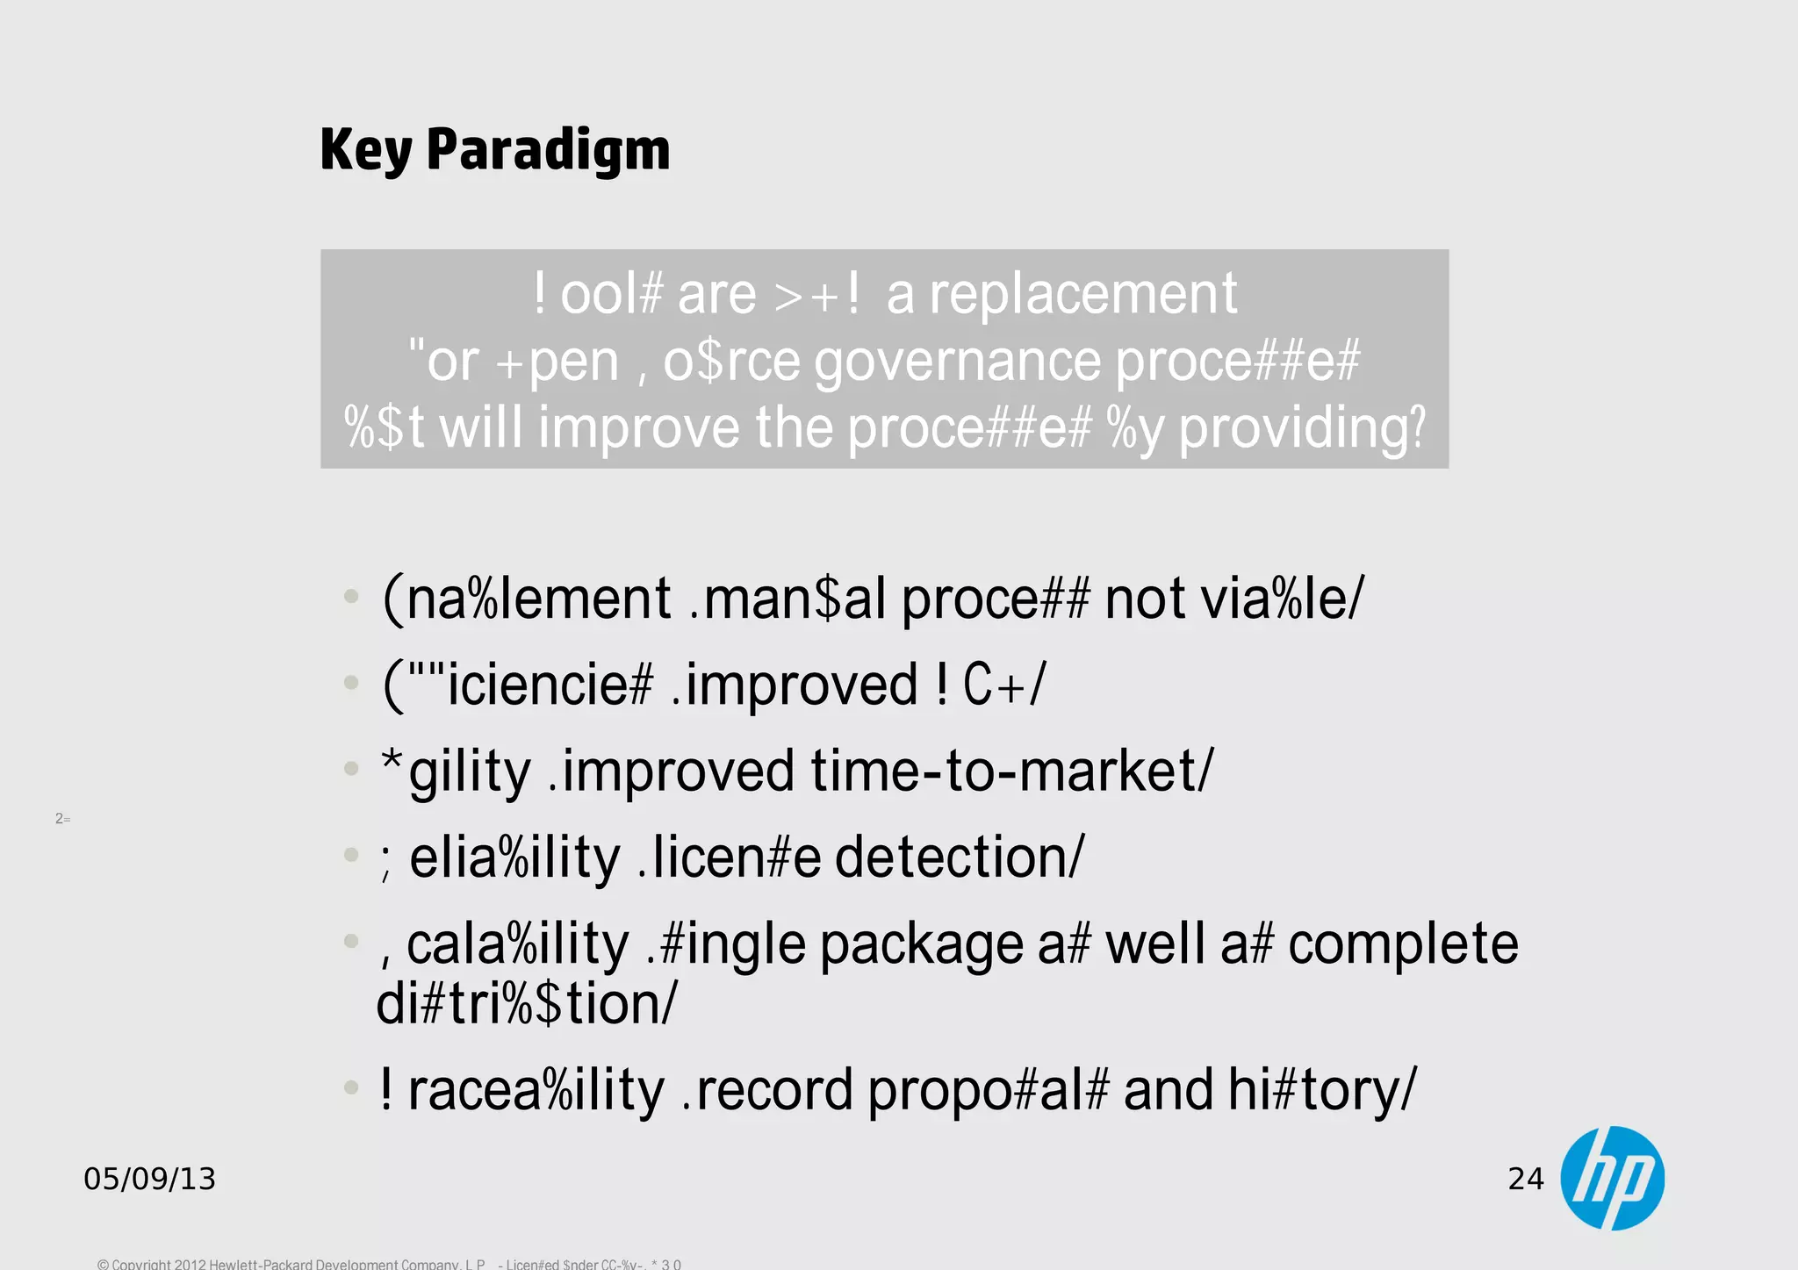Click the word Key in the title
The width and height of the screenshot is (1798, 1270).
365,149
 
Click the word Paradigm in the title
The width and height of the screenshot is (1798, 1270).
548,149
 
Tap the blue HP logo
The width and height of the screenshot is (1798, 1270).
1612,1178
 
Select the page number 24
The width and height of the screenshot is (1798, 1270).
1525,1179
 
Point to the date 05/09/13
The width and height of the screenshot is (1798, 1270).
149,1179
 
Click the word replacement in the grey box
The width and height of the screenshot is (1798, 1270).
1082,293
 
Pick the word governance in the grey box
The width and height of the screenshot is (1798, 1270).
957,361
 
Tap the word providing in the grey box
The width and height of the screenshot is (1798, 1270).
1302,428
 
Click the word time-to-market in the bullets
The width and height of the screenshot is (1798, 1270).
1011,771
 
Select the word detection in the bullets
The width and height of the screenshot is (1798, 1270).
960,857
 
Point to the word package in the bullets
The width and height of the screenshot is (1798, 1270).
922,944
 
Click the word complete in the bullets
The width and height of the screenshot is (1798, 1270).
1403,944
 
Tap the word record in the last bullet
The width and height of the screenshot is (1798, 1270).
773,1090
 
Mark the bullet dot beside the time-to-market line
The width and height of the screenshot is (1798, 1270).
351,769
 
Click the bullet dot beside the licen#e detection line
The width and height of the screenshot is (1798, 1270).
351,855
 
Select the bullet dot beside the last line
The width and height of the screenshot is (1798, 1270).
351,1088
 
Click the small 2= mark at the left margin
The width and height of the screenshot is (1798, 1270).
62,819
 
